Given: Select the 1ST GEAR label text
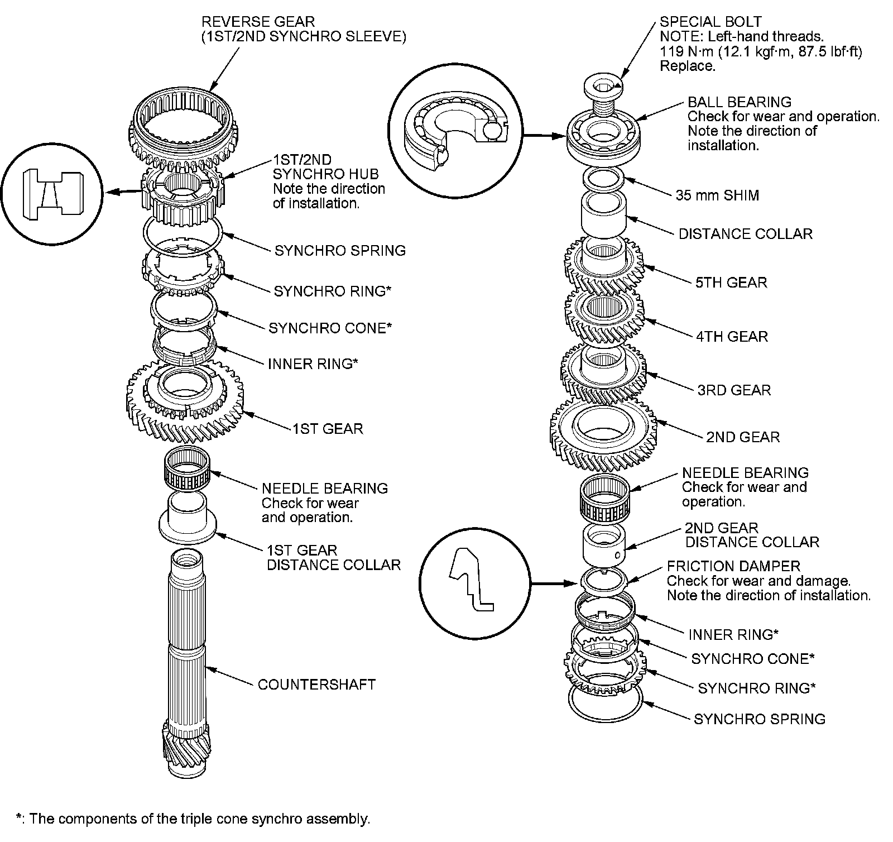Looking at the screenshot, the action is (328, 429).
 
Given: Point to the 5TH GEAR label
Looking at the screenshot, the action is (731, 283).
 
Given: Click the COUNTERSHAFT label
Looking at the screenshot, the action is (316, 685).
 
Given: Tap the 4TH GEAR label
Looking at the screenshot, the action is (732, 337).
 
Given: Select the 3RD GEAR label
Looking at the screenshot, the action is (734, 390).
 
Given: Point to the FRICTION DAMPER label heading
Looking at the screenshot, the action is (733, 567).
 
